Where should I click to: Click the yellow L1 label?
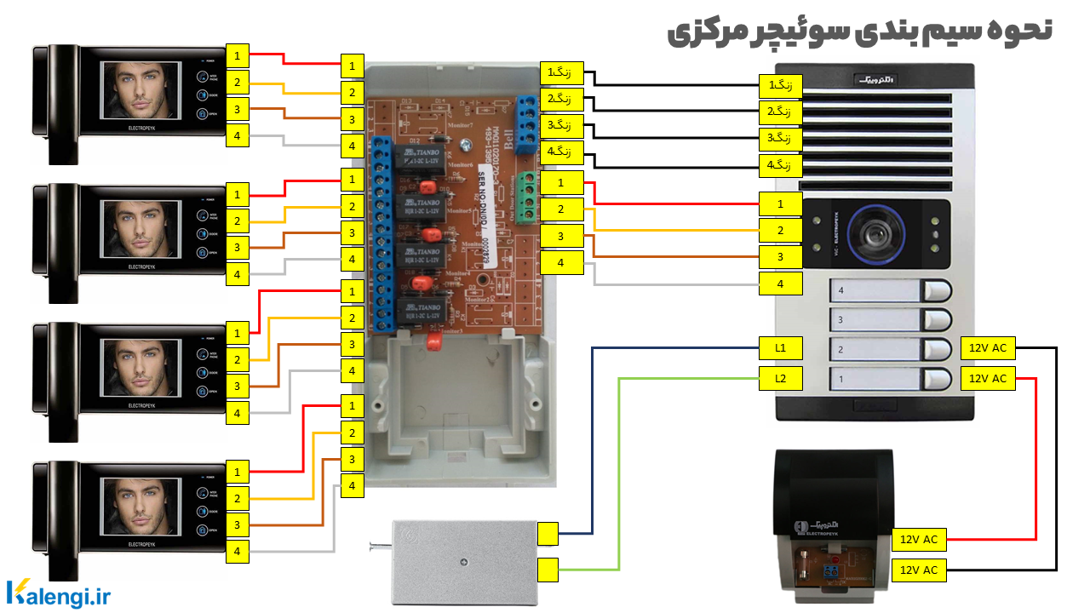(x=781, y=347)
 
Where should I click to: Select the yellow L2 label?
(x=781, y=378)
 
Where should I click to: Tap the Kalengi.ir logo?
(x=59, y=594)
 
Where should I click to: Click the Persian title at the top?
(x=860, y=31)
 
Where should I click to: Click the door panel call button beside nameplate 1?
(x=937, y=378)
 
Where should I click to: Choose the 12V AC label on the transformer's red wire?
(x=919, y=540)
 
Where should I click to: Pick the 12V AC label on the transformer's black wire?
(x=919, y=570)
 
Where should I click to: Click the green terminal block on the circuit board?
(x=528, y=195)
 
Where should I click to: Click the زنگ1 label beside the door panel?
(x=781, y=85)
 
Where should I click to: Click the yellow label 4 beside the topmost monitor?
(x=238, y=135)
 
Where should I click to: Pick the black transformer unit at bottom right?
(x=829, y=519)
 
